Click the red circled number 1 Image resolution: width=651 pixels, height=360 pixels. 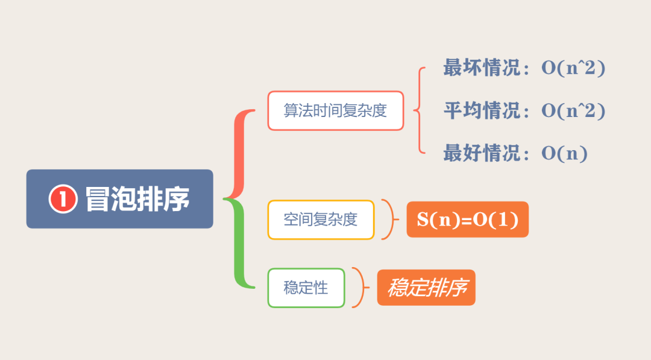coord(63,199)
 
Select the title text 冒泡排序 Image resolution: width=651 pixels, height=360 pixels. coord(137,199)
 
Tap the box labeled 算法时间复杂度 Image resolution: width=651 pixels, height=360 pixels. coord(335,111)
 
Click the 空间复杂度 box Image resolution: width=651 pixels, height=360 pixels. coord(321,219)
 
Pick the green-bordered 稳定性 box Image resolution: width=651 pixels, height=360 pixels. coord(306,288)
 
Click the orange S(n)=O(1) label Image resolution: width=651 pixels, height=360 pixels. coord(468,219)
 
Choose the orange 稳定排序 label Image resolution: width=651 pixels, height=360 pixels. coord(426,288)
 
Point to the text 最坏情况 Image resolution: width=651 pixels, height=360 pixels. coord(481,68)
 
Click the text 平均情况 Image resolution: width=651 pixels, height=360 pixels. coord(481,111)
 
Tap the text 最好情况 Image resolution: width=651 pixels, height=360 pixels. coord(481,154)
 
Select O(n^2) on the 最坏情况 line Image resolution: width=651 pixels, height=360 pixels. coord(573,68)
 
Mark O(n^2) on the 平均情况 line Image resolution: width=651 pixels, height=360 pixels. coord(573,111)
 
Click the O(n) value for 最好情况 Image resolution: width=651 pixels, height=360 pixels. coord(564,154)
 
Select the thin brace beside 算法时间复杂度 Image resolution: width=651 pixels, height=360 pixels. coord(418,110)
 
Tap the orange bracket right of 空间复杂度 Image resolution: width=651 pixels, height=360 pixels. coord(391,219)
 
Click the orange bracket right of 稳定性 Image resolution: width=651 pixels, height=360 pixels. coord(360,288)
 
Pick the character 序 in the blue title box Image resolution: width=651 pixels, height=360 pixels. coord(177,199)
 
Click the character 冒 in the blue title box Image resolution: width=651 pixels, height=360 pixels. coord(98,199)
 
